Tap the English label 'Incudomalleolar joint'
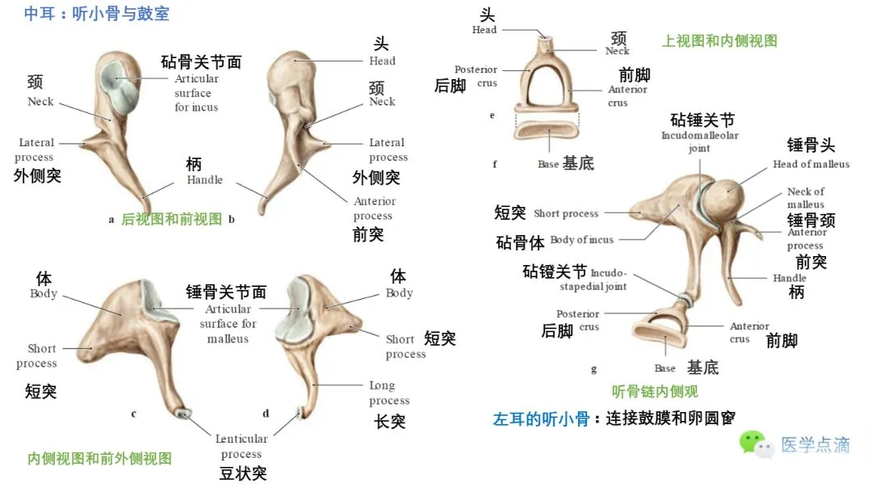click(700, 142)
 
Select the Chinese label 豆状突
click(243, 473)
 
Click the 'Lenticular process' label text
click(241, 446)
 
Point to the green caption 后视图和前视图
click(171, 218)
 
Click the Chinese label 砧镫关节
click(555, 272)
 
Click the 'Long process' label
click(389, 393)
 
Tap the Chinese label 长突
click(389, 421)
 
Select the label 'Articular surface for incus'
click(196, 93)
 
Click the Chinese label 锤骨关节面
click(226, 292)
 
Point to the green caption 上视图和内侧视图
click(719, 40)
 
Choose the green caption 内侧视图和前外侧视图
click(99, 458)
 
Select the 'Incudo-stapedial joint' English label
click(608, 280)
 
